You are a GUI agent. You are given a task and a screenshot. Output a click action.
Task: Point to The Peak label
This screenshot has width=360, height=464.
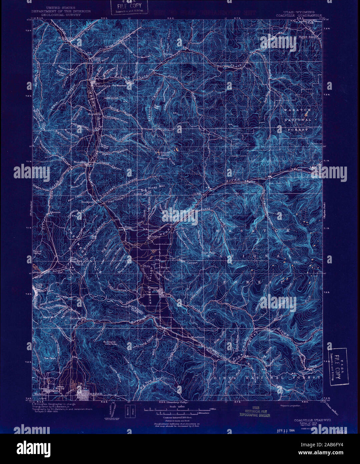click(49, 358)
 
